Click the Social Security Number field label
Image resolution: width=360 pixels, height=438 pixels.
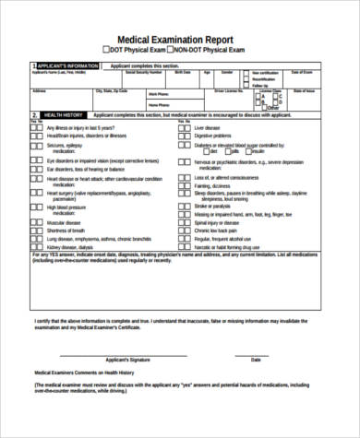coord(157,72)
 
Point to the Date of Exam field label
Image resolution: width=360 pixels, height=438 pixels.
coord(303,72)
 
